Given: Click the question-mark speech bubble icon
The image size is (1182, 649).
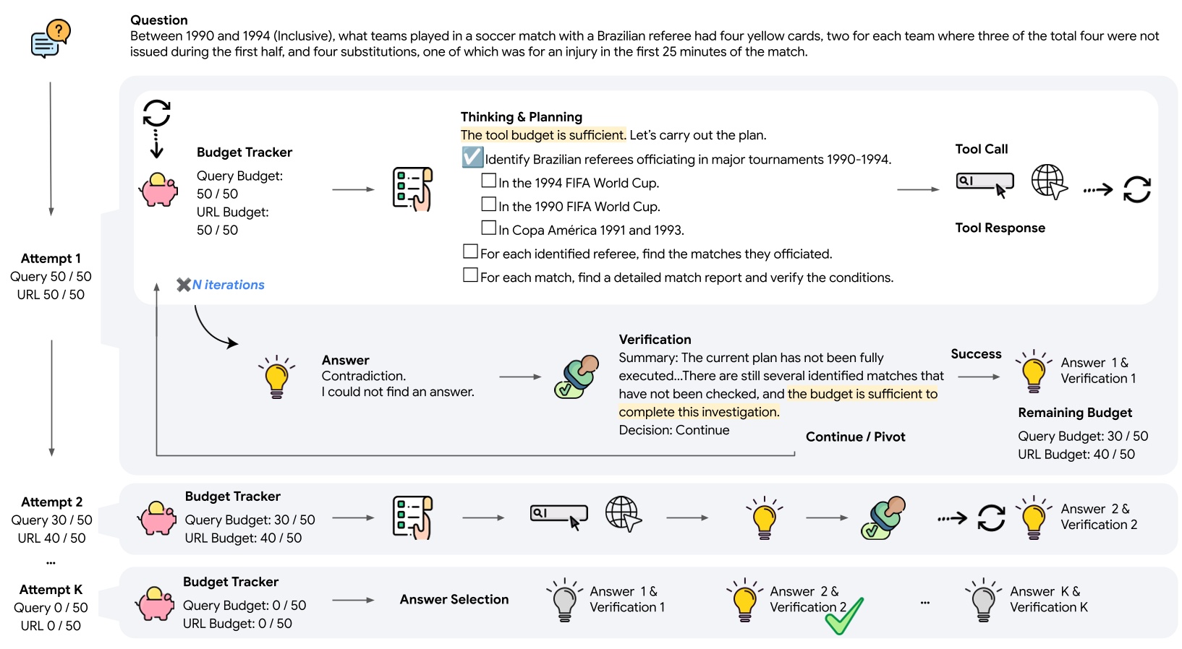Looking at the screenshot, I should tap(51, 39).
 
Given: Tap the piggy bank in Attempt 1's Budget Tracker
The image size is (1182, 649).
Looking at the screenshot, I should tap(158, 190).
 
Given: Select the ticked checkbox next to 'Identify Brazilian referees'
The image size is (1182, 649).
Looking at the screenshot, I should tap(472, 158).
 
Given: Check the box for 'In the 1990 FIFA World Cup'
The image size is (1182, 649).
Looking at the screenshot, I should tap(489, 205).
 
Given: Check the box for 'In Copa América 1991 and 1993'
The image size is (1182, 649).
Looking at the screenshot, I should tap(489, 228).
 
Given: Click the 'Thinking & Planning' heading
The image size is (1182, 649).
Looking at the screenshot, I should tap(521, 117).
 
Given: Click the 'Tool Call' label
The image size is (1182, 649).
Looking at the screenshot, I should tap(981, 149).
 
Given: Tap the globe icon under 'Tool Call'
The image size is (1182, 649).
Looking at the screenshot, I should tap(1049, 181).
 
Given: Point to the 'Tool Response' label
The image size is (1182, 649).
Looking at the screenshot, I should tap(1000, 228).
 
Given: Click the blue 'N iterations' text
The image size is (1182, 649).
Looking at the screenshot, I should tap(228, 285).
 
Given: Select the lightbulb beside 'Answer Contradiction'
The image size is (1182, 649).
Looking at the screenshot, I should tap(276, 377).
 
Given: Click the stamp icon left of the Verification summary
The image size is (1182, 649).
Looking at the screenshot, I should tap(577, 377).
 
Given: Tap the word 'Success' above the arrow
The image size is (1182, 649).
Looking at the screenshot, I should tap(976, 354).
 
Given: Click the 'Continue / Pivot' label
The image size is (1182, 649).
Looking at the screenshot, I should tap(855, 437).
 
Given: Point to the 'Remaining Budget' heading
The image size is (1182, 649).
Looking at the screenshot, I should tap(1075, 413).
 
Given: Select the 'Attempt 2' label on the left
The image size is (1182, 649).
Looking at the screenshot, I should tap(51, 502).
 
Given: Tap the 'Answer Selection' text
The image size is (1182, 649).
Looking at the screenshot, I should tap(454, 599).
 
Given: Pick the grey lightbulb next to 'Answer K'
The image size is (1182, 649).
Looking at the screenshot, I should tap(983, 601).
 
